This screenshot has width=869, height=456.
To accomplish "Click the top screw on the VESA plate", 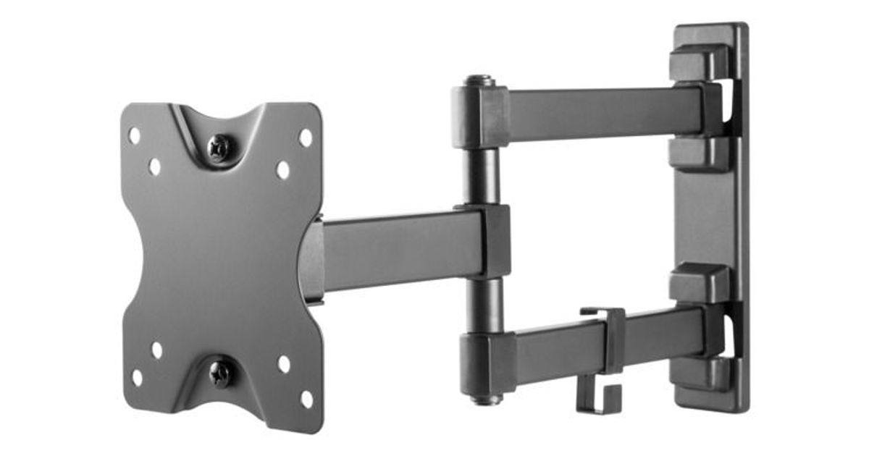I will coord(219,148).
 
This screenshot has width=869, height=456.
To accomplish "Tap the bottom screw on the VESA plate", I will coord(220,373).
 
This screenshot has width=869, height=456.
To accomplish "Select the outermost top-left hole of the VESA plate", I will coord(135,135).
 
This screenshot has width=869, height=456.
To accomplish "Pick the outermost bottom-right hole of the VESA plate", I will coord(306,399).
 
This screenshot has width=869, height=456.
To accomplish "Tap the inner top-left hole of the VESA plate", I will coord(155,167).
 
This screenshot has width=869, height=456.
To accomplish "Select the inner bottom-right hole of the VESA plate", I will coord(284,364).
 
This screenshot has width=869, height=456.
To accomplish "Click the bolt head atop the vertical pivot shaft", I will coord(479,81).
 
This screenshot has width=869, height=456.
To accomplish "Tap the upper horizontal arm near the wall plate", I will coord(601,112).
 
